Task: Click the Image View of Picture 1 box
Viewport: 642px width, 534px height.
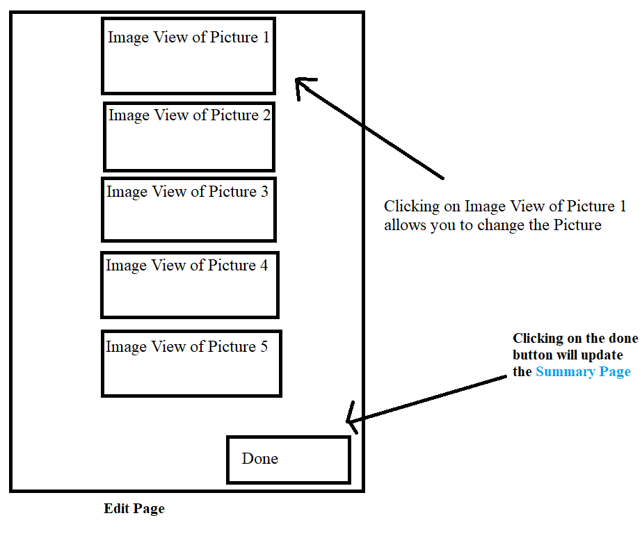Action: (x=188, y=56)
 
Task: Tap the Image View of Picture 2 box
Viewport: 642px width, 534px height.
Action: (x=188, y=136)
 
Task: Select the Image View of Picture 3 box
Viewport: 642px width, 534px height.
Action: (x=188, y=209)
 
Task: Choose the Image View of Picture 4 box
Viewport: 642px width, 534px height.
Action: (x=189, y=285)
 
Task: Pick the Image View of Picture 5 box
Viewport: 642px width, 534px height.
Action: (x=191, y=364)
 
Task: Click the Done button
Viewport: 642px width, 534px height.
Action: (x=288, y=459)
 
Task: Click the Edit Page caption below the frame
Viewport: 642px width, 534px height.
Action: (x=134, y=509)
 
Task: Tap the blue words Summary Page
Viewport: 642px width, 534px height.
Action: (x=583, y=372)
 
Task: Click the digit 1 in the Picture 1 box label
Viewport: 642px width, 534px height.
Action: (x=265, y=38)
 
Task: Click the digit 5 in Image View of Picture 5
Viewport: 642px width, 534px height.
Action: (x=264, y=346)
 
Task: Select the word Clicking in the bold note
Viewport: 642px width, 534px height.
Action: (x=538, y=339)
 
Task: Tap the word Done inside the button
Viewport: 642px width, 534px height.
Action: (x=259, y=459)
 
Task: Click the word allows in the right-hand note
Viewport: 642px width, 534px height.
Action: (x=404, y=225)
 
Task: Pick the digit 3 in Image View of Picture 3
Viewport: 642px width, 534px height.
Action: (x=264, y=191)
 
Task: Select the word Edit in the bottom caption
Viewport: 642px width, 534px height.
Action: (x=117, y=509)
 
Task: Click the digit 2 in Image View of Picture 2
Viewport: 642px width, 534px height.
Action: (x=266, y=115)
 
